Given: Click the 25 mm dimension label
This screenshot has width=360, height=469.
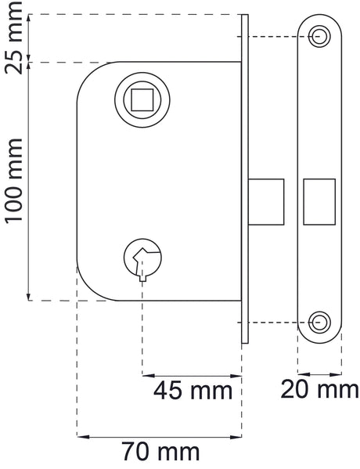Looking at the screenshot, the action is click(14, 38).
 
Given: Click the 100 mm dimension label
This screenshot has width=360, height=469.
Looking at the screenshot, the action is click(14, 181).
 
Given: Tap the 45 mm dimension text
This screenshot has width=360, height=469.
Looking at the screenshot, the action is click(193, 391).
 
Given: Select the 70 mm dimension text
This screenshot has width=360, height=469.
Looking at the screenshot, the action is click(160, 452).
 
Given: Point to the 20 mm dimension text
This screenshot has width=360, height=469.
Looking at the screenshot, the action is click(319, 389).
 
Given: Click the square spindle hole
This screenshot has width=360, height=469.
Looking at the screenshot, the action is click(142, 99).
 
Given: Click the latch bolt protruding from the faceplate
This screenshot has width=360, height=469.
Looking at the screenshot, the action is click(266, 202).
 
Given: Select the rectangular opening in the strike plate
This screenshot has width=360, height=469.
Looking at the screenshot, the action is click(319, 202).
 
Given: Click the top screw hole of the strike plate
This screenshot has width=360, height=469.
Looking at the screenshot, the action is click(319, 37).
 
